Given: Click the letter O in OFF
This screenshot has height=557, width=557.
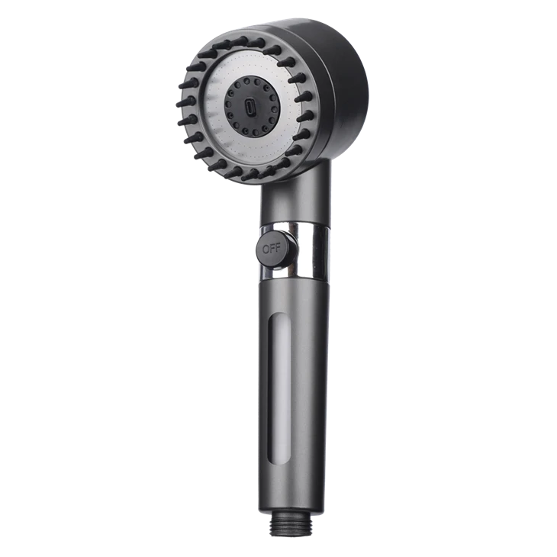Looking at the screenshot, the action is [x=266, y=249].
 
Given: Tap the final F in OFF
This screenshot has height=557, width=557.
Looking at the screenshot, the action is [x=278, y=247].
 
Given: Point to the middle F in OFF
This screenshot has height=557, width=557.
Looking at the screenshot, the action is [x=272, y=248].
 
